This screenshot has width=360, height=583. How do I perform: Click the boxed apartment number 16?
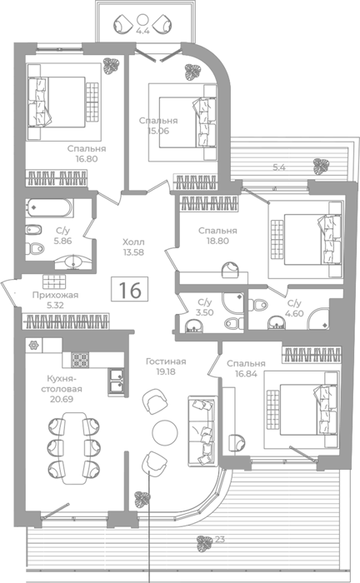coord(130,289)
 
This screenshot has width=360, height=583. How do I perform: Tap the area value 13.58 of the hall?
coord(133,252)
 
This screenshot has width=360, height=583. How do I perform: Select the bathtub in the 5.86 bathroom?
coord(49,208)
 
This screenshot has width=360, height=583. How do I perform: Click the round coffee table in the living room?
coord(165,432)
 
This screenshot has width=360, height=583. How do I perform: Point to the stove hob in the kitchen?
coord(80,360)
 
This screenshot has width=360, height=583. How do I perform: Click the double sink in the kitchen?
coord(117,381)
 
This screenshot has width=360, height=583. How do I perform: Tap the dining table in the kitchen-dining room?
coord(74,448)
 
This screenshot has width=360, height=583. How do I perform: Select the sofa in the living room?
coord(202,431)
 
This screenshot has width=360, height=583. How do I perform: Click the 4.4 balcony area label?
coord(142,32)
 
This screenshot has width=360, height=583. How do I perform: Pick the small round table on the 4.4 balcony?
coord(142,19)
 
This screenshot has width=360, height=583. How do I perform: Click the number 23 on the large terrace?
coord(220,539)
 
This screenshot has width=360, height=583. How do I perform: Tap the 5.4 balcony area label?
coord(279,167)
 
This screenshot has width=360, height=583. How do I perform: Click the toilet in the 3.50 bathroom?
coord(234,323)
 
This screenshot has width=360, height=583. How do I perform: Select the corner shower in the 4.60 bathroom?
coord(319,318)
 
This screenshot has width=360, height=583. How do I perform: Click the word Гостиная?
coord(166,361)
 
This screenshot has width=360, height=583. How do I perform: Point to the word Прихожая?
coord(55,295)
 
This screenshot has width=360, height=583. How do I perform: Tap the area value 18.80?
coord(218,241)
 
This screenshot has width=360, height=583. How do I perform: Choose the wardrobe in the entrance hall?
coord(66,321)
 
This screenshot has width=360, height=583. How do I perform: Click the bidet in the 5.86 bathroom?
coord(33,230)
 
